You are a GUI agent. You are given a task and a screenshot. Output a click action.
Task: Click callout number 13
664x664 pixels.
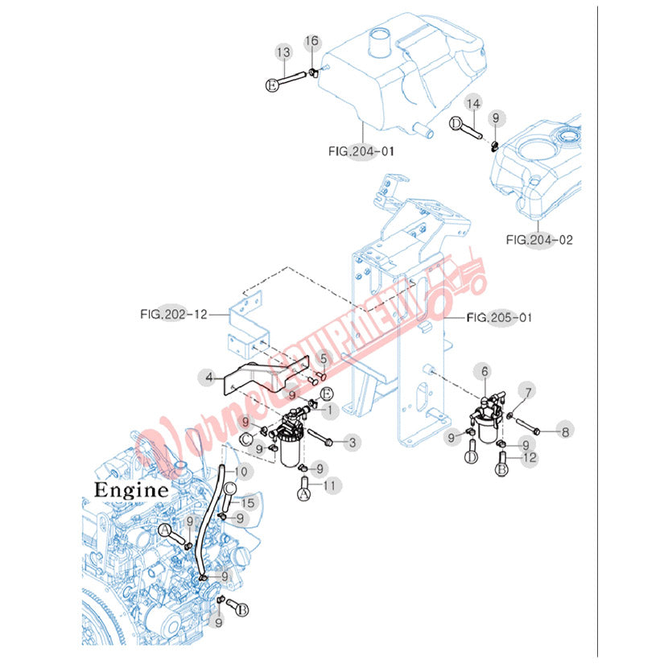[283, 53]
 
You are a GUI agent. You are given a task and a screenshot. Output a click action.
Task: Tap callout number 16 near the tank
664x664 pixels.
[311, 42]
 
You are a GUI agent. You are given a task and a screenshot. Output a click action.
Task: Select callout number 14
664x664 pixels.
[473, 104]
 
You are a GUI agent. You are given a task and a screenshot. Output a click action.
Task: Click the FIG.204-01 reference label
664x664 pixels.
[361, 151]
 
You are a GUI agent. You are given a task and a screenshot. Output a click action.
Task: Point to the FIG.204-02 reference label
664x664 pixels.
[539, 239]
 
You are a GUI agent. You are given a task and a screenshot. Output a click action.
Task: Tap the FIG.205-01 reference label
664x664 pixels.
[498, 318]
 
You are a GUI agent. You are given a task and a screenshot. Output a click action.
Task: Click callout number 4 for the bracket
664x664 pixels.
[208, 376]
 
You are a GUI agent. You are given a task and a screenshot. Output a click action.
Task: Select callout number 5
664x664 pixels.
[324, 359]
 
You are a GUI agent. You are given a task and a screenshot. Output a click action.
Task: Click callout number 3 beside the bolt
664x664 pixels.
[351, 442]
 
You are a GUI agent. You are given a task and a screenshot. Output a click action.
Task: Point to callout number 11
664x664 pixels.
[328, 485]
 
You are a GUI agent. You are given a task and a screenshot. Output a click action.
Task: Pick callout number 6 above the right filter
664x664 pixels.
[485, 371]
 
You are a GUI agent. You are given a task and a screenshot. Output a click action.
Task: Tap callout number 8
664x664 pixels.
[565, 432]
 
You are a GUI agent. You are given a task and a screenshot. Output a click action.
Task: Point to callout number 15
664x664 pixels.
[248, 503]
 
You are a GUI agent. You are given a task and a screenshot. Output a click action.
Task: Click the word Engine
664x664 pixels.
[131, 489]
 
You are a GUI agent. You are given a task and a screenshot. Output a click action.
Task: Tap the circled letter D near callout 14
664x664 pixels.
[456, 123]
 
